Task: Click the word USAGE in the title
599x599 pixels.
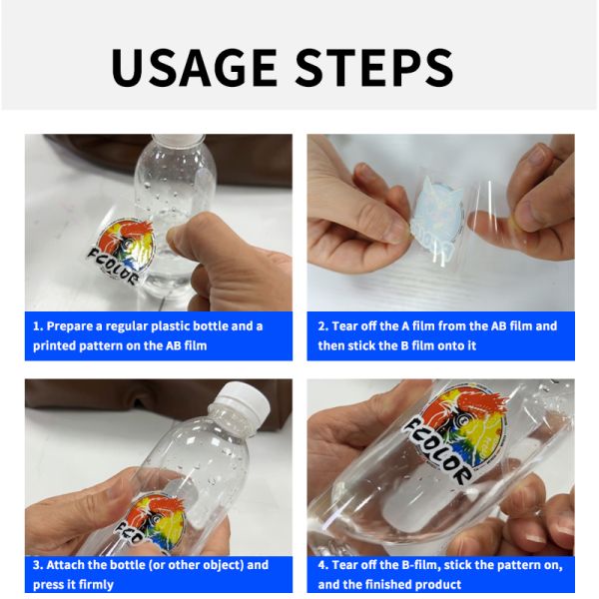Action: click(194, 67)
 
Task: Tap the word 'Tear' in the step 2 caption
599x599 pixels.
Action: click(344, 326)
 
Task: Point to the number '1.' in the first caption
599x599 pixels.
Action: click(38, 326)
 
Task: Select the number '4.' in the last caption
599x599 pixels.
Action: click(323, 565)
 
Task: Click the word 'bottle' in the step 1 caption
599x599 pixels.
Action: click(210, 326)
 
